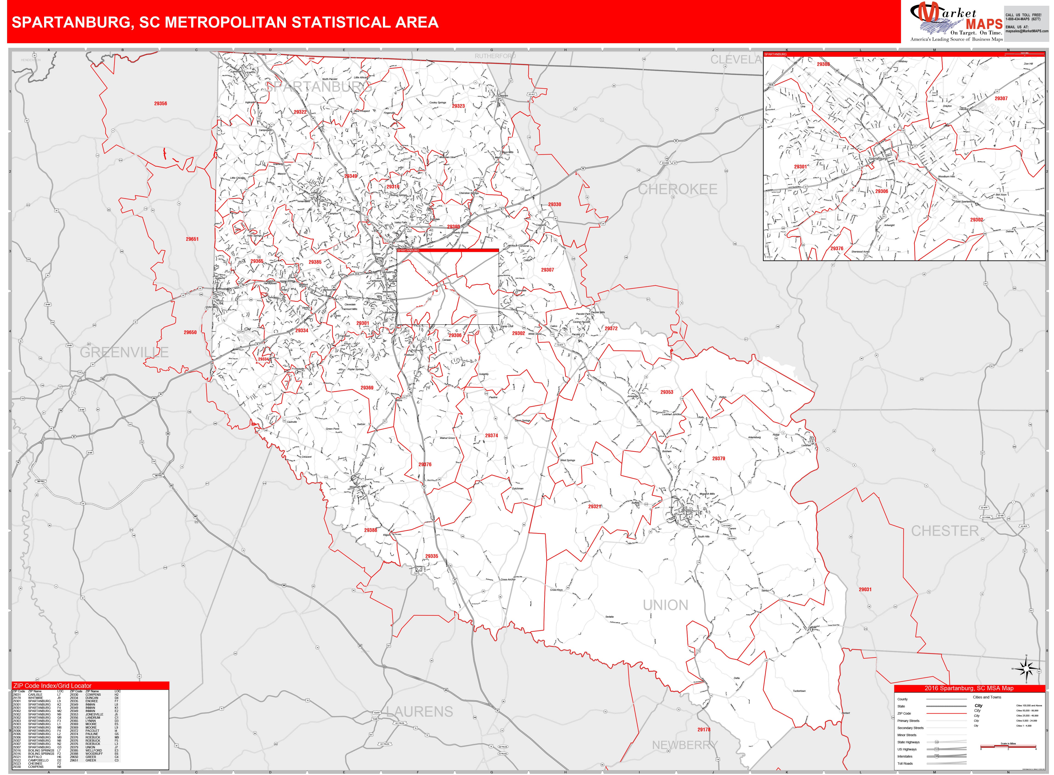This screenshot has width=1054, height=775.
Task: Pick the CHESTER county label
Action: tap(945, 531)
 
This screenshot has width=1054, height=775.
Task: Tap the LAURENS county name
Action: tap(419, 712)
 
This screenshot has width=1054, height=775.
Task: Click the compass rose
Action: tap(1026, 669)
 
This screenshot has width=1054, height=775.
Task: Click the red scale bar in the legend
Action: tap(1008, 746)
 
